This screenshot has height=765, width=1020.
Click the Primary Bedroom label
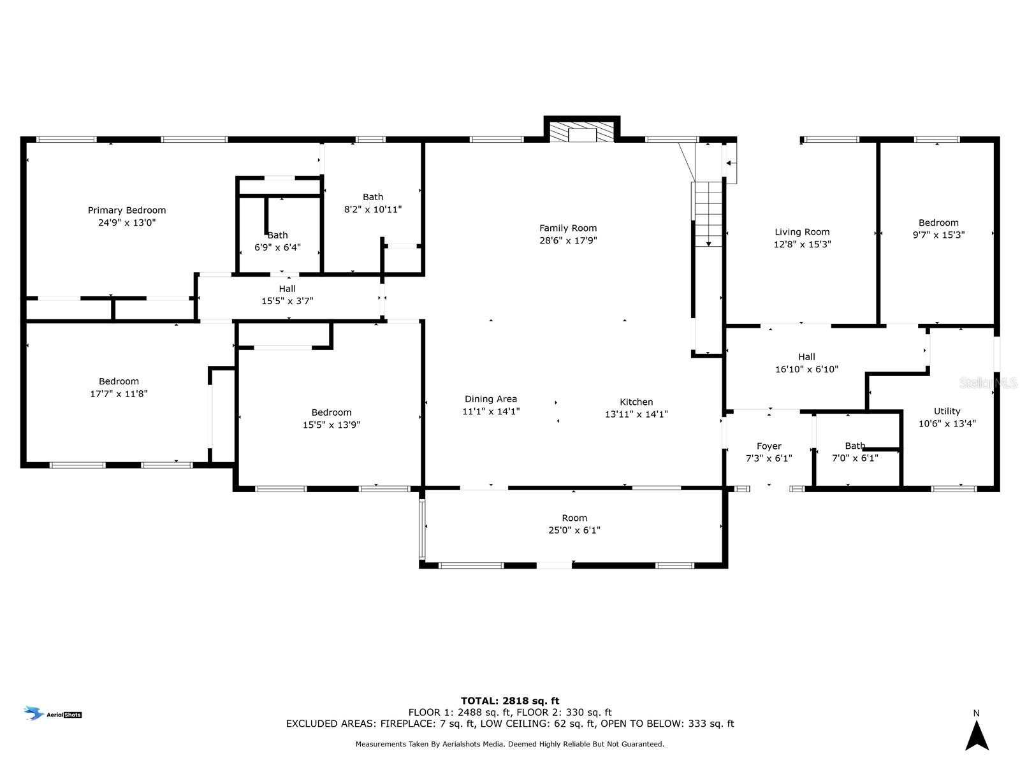(x=126, y=210)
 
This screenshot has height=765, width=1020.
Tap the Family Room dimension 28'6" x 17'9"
(x=568, y=240)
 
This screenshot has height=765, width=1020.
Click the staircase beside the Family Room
(x=708, y=214)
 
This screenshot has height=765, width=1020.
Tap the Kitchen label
(x=636, y=402)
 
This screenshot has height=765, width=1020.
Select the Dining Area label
(x=491, y=399)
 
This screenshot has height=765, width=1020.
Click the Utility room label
(x=947, y=411)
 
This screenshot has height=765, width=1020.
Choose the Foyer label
(x=769, y=446)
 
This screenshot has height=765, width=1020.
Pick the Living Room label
(x=802, y=232)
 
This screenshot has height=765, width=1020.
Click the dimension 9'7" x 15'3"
(x=938, y=235)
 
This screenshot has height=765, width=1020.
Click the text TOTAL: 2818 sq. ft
(x=510, y=701)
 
